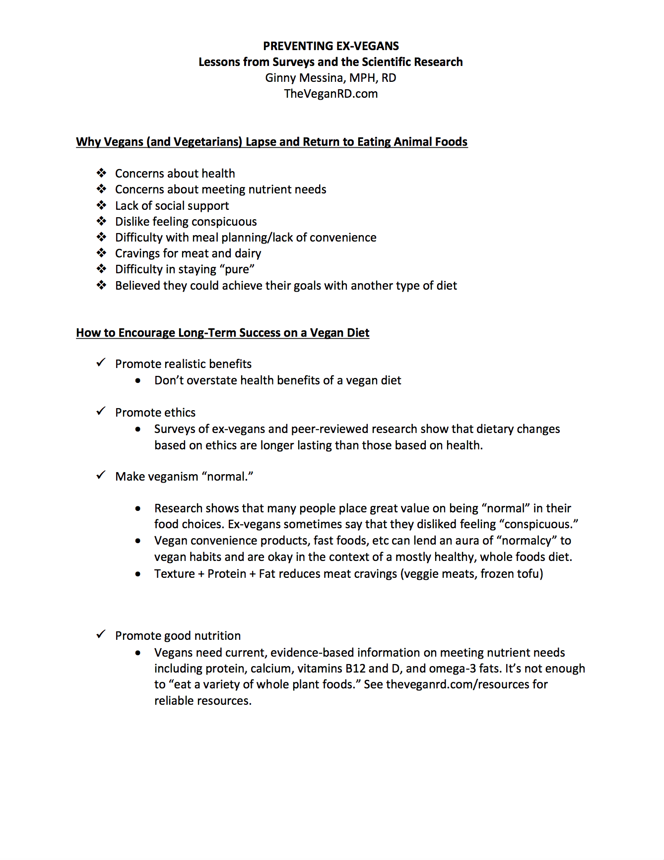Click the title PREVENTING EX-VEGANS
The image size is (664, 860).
pos(331,46)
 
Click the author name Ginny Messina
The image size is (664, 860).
pos(303,78)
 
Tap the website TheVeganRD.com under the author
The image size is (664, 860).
pos(331,94)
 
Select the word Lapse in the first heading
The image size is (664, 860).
pos(261,142)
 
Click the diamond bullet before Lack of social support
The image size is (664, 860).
pos(102,205)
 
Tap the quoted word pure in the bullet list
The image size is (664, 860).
pos(237,269)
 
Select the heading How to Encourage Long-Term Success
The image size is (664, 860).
pos(222,333)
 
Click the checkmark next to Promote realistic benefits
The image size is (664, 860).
pos(101,363)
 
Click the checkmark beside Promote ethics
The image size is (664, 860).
pos(101,412)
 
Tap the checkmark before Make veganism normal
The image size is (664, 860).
pos(101,476)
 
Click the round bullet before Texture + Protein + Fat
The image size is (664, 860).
pos(138,574)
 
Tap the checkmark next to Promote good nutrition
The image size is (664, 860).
pos(101,635)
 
